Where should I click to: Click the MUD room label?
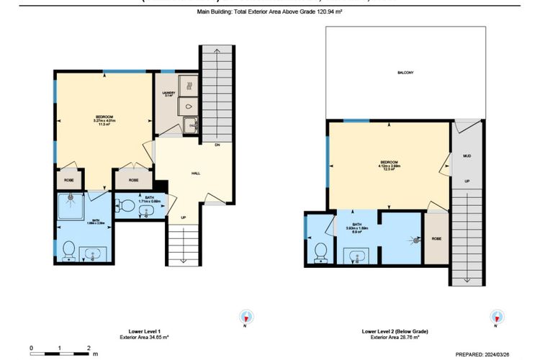coord(467,155)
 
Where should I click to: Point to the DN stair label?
coord(217,145)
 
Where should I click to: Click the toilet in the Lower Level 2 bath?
coord(320,250)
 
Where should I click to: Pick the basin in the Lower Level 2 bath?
coord(356,256)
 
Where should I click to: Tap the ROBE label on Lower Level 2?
coord(435,238)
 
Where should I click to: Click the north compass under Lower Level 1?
coord(247,317)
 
